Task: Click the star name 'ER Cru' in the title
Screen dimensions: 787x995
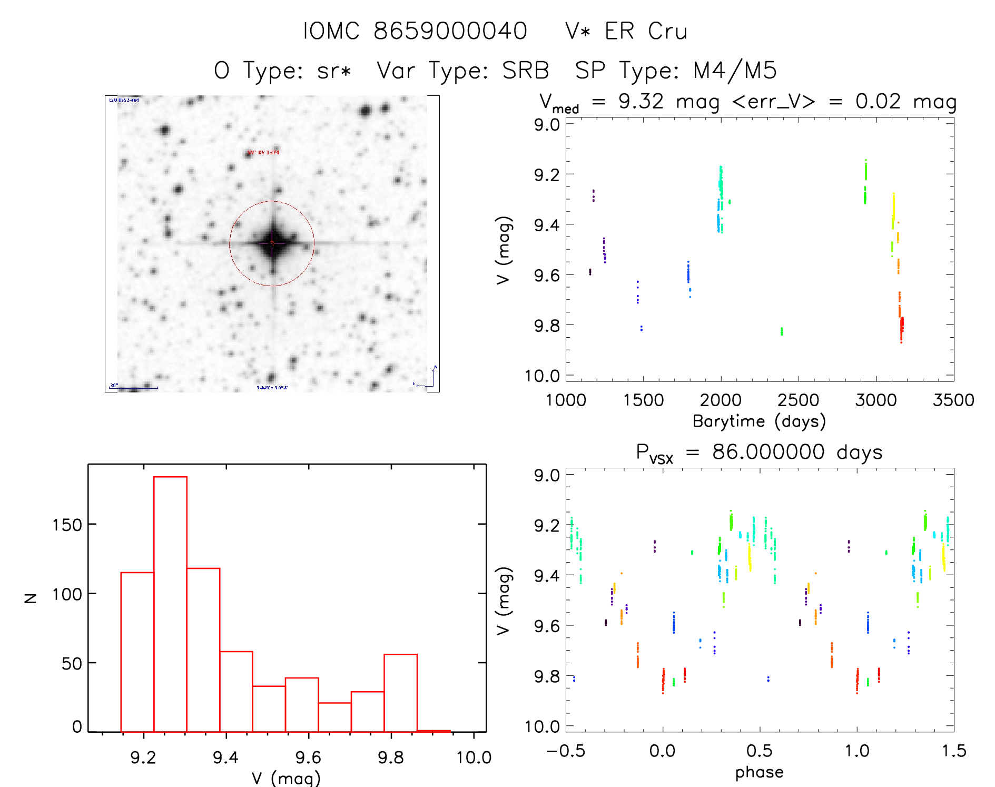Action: tap(646, 32)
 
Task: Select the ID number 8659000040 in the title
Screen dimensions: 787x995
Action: tap(450, 32)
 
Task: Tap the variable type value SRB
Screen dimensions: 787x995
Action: tap(525, 71)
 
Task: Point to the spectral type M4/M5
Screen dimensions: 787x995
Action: tap(735, 71)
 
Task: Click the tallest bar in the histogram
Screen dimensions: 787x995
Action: tap(170, 603)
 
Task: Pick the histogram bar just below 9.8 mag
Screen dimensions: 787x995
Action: tap(400, 692)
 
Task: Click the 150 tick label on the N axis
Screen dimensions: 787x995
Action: tap(67, 525)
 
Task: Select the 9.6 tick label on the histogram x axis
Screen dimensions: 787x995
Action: tap(308, 758)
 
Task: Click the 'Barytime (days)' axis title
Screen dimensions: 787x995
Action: tap(759, 421)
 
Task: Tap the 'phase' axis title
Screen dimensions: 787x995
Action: tap(759, 772)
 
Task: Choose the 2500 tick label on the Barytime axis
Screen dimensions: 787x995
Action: tap(798, 400)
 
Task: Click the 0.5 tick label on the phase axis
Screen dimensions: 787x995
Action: tap(759, 751)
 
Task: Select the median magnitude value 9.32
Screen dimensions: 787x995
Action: tap(641, 101)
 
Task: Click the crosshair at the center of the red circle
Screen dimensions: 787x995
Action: tap(272, 243)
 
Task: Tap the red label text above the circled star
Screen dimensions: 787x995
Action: tap(263, 153)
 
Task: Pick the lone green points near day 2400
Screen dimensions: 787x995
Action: tap(782, 331)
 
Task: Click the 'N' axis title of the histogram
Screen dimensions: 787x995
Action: tap(31, 598)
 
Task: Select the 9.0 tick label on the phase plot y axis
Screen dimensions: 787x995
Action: tap(547, 476)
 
